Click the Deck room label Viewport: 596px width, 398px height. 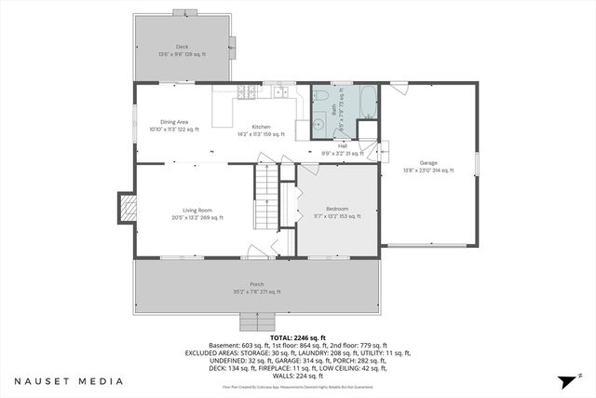click(183, 46)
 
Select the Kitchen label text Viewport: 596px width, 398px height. click(260, 127)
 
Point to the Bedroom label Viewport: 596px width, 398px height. click(337, 208)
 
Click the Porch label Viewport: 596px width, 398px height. click(256, 284)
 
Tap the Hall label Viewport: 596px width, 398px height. click(342, 145)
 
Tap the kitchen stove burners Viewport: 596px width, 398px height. click(247, 91)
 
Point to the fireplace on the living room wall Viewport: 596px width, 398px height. click(126, 206)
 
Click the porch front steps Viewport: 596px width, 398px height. click(255, 322)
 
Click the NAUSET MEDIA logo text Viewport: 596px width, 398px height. click(69, 381)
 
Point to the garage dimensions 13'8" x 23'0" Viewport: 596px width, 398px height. click(428, 171)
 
